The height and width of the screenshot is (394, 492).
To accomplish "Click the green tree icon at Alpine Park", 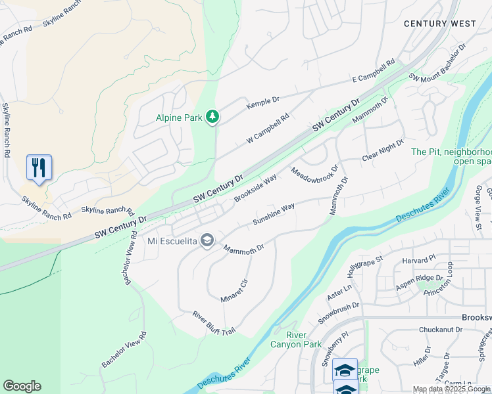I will [212, 117].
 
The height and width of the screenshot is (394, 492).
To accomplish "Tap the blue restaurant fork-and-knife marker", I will [39, 167].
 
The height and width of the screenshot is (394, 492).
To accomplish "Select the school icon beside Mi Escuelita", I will [207, 241].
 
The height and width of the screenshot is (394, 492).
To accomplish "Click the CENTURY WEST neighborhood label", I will [439, 24].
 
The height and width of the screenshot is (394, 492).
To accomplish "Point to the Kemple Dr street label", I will [262, 104].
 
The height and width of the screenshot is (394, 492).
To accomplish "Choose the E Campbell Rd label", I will [373, 70].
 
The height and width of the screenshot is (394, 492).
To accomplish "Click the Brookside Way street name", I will [255, 188].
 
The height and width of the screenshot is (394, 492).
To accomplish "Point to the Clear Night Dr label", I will [382, 151].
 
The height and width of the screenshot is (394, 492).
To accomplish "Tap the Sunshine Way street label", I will [274, 215].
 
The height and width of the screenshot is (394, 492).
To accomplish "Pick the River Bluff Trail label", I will [214, 322].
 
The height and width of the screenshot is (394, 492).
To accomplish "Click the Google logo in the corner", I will [22, 386].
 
